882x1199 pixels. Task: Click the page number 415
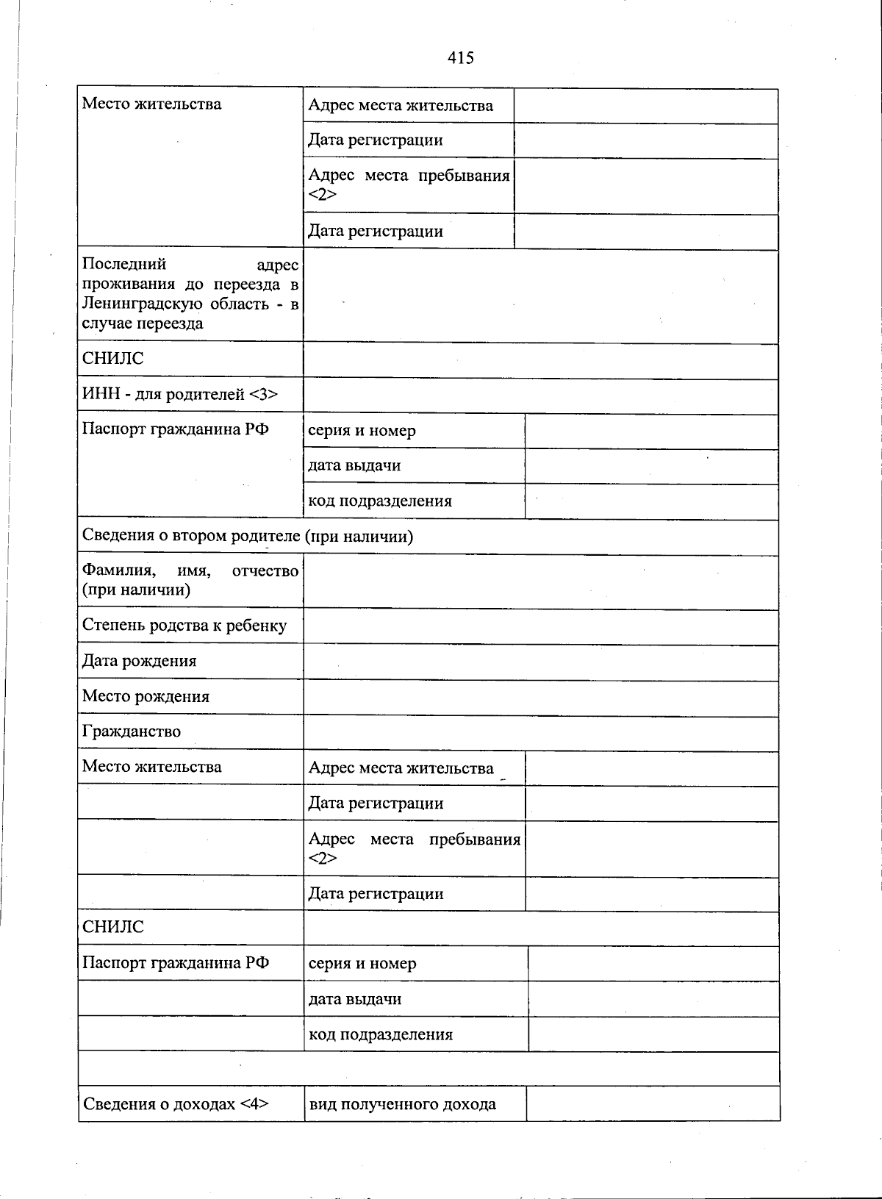click(x=460, y=57)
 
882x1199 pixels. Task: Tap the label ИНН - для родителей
click(x=179, y=395)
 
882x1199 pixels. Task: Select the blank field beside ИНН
click(x=540, y=396)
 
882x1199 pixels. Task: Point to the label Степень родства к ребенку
click(x=184, y=626)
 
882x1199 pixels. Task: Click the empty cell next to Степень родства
click(x=540, y=627)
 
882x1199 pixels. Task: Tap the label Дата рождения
click(x=139, y=661)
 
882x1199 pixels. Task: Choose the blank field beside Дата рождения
click(x=540, y=662)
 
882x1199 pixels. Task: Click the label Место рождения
click(x=146, y=696)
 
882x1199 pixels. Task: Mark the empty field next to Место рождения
click(x=540, y=698)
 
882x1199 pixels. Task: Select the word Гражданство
click(x=131, y=731)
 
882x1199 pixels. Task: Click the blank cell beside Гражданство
click(x=540, y=733)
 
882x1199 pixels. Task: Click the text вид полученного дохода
click(x=402, y=1104)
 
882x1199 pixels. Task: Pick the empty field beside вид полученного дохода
click(x=653, y=1104)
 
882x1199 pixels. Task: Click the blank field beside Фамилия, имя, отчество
click(x=540, y=581)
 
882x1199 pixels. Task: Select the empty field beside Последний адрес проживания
click(x=540, y=296)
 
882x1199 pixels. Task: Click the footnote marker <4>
click(x=254, y=1103)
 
